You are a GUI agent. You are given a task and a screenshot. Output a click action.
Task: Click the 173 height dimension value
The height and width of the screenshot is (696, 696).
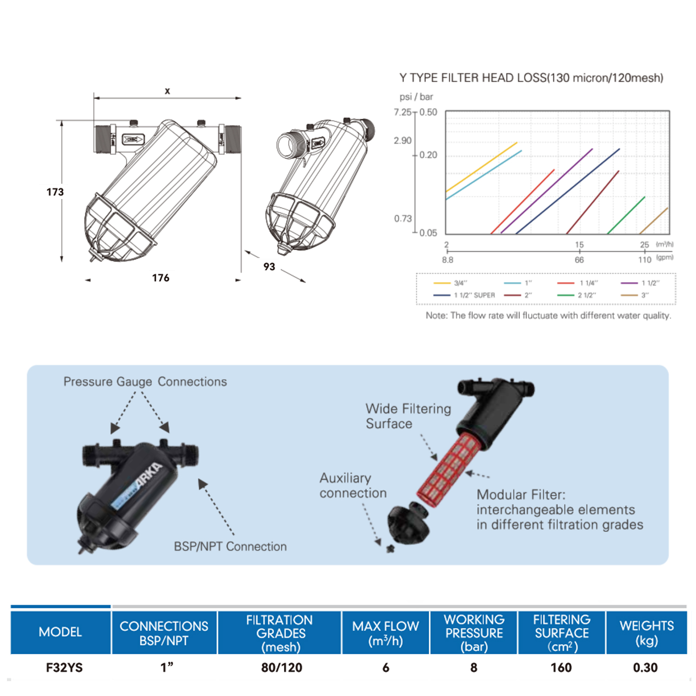pos(55,192)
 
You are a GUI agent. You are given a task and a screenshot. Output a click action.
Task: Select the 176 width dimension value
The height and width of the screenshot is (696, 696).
pos(161,278)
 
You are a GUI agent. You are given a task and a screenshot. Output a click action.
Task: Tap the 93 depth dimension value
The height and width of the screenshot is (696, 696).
pos(269,267)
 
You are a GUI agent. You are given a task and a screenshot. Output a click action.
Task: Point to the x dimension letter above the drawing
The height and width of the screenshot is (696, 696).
pos(168,91)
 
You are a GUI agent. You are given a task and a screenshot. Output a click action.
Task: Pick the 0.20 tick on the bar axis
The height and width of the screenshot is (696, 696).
pos(428,155)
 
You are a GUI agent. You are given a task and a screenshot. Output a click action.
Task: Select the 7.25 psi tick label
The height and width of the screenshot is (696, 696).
pos(402,112)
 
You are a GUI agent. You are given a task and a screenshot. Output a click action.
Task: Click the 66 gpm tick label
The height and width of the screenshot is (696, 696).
pos(579,260)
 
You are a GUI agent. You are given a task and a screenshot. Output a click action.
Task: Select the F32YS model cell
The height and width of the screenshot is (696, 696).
pos(64,668)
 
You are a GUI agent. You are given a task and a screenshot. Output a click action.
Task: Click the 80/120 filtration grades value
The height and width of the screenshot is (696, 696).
pos(281,668)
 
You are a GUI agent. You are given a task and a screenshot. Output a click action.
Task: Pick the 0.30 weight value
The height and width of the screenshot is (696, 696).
pos(645,668)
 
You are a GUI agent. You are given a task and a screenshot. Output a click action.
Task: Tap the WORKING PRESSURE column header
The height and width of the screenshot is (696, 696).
pos(474,633)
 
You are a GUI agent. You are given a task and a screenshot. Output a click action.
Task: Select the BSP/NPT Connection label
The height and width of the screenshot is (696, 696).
pos(230,547)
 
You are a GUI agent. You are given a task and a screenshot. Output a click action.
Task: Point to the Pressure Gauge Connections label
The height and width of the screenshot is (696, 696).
pos(145,382)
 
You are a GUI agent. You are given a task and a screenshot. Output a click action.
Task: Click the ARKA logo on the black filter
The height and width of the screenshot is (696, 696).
pos(150,475)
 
